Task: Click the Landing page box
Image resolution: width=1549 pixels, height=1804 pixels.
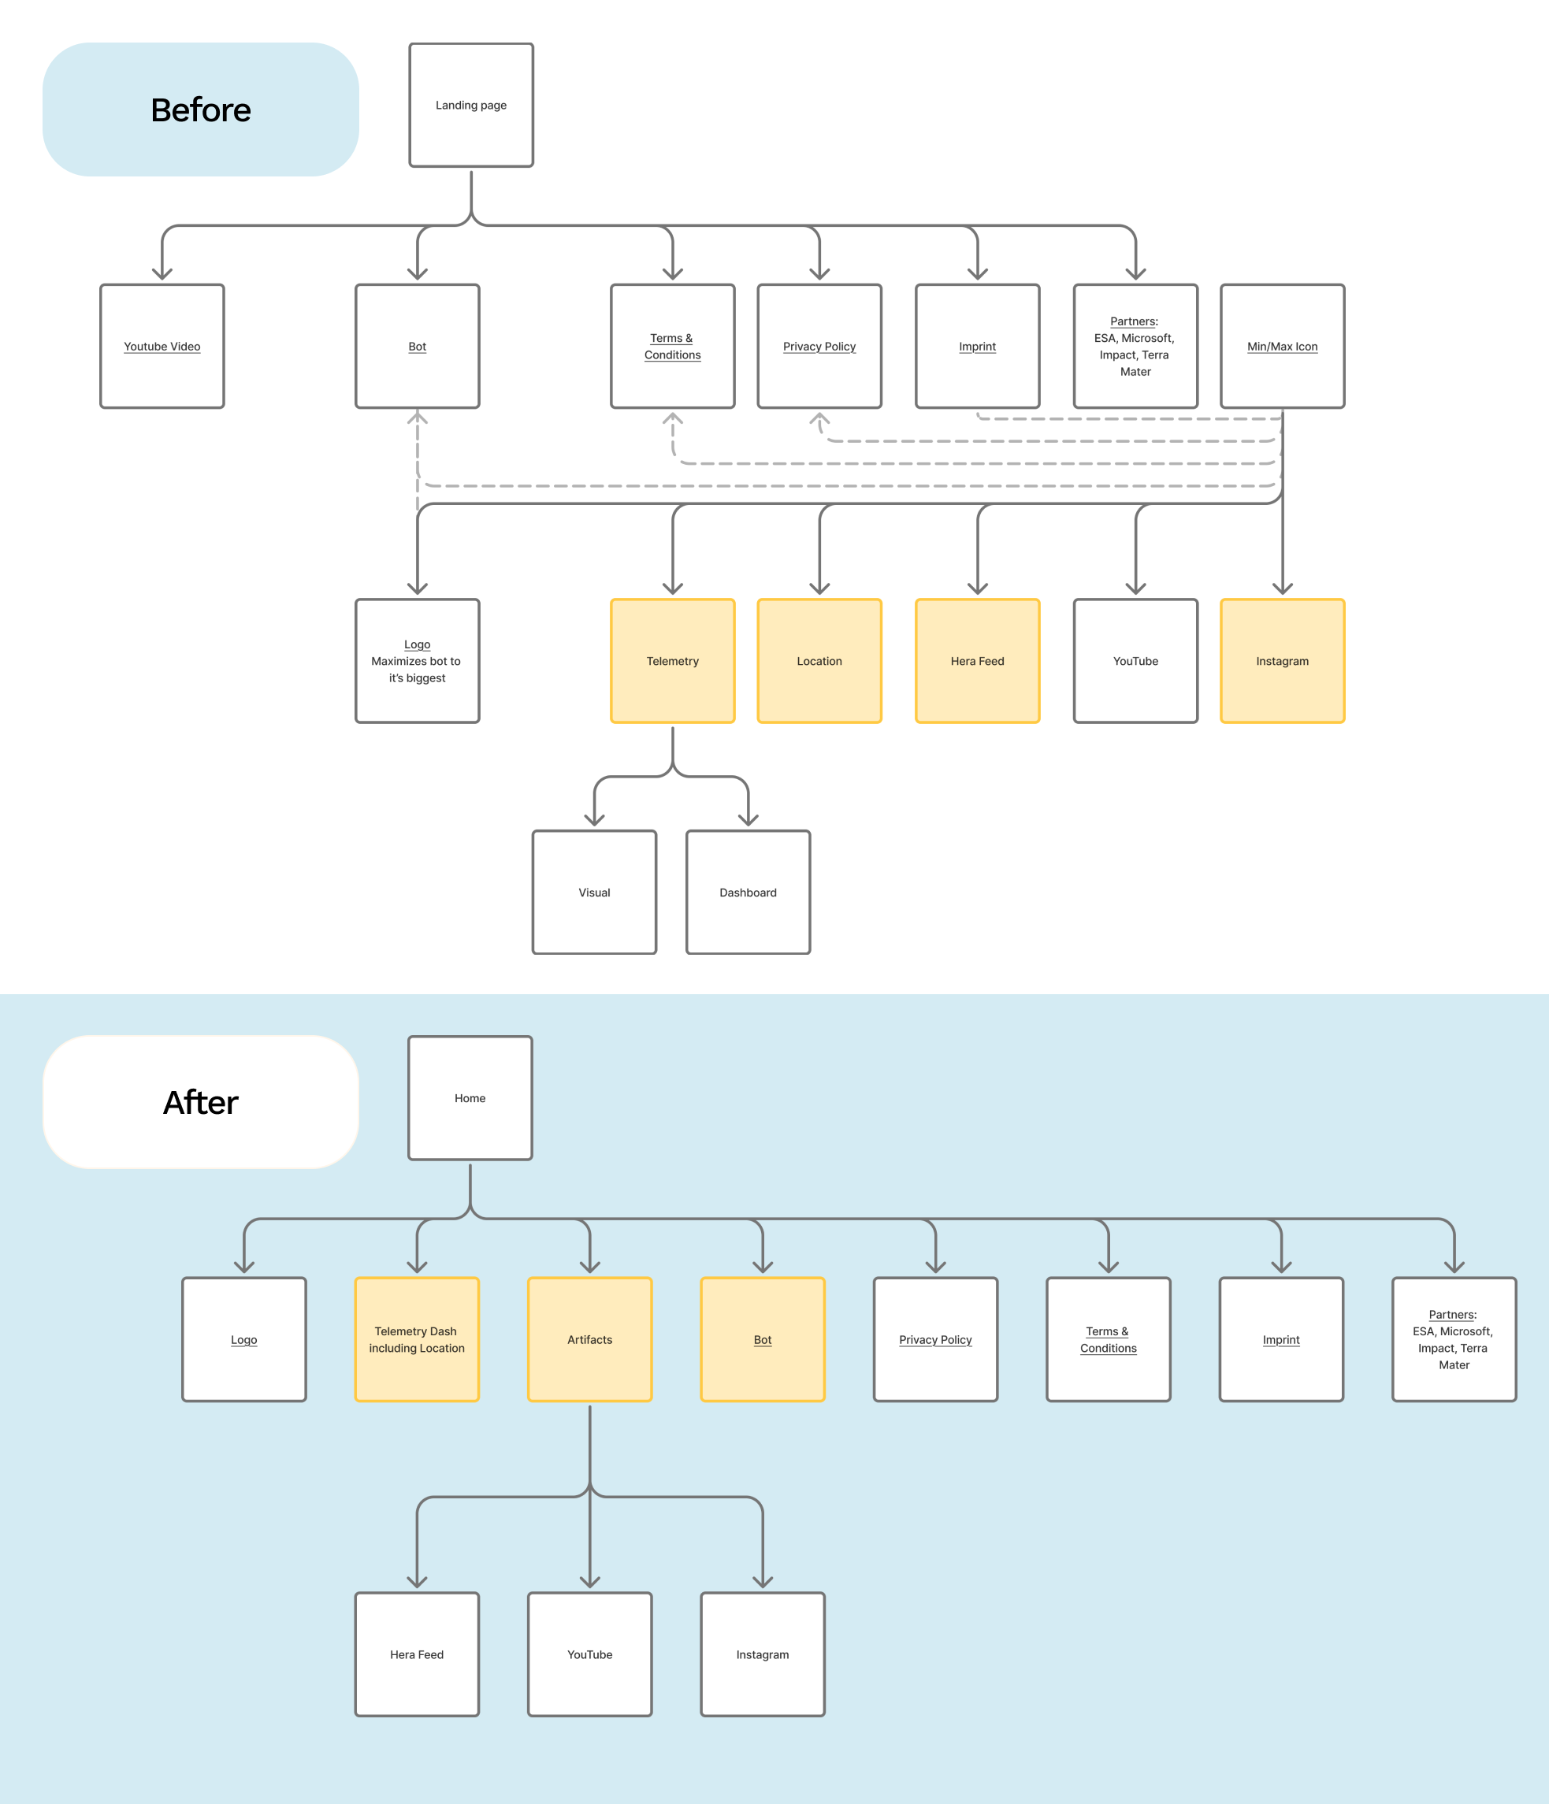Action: tap(471, 106)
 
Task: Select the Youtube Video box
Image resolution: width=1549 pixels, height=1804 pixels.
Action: tap(162, 347)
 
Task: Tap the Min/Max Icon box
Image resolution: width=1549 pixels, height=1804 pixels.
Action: tap(1282, 347)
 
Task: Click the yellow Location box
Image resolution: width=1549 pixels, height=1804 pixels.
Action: tap(819, 661)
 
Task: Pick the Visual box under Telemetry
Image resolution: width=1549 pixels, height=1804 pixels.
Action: tap(594, 893)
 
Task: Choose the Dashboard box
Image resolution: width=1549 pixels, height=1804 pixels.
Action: tap(748, 893)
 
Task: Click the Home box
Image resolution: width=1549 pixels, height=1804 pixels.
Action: tap(470, 1098)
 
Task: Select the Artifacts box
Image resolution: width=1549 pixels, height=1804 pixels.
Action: tap(589, 1339)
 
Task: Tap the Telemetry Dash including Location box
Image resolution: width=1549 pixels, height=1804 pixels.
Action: tap(417, 1339)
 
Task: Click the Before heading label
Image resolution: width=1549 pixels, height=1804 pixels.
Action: tap(201, 110)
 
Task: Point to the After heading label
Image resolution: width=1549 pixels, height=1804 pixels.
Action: tap(201, 1102)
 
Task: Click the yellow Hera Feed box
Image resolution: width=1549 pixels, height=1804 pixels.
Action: tap(977, 661)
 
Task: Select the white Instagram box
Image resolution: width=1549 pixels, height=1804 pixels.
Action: tap(763, 1654)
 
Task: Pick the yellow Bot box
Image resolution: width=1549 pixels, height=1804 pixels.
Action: tap(763, 1339)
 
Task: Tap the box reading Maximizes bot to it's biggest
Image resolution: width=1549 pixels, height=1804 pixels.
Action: tap(417, 661)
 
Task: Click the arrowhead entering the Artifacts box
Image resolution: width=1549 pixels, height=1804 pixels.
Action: tap(589, 1267)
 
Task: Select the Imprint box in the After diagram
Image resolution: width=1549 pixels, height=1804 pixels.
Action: tap(1281, 1339)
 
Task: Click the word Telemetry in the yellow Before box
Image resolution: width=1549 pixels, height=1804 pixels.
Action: tap(672, 661)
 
